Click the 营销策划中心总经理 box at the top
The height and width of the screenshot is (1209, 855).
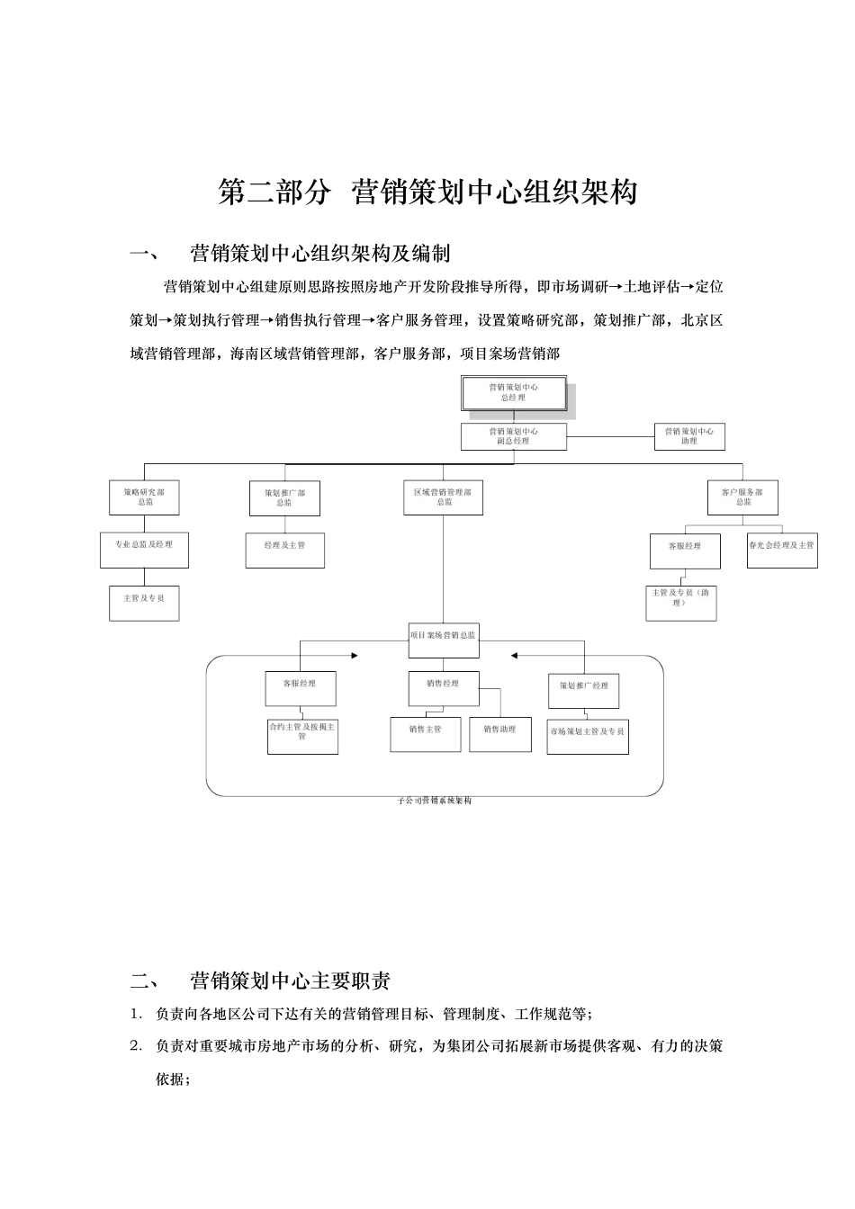tap(514, 393)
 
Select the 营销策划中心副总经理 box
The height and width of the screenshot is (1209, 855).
tap(514, 436)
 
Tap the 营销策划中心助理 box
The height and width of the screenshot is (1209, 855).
tap(689, 436)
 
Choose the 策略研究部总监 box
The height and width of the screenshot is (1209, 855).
tap(144, 497)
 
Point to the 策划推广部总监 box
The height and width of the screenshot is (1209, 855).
tap(284, 498)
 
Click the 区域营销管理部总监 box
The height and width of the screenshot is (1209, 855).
tap(443, 497)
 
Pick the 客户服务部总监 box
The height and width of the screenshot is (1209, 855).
tap(742, 497)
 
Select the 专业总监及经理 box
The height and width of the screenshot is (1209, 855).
tap(144, 550)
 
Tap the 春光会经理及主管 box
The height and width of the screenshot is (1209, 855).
tap(781, 551)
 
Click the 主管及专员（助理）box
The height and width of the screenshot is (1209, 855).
tap(681, 603)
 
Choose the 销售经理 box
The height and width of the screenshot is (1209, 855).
tap(443, 689)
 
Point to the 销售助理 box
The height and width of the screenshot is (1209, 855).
tap(499, 733)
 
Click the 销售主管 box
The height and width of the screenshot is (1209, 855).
tap(425, 733)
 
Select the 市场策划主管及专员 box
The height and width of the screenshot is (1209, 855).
tap(588, 737)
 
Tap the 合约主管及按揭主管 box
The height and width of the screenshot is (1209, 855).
tap(302, 736)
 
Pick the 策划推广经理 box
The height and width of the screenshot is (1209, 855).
tap(584, 690)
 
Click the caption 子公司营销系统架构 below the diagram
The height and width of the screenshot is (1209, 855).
tap(435, 801)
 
